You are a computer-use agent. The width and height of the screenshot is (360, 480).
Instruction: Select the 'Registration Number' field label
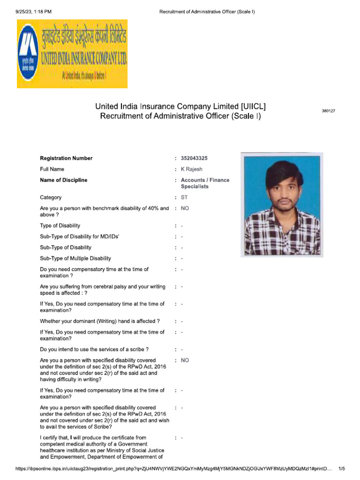point(66,158)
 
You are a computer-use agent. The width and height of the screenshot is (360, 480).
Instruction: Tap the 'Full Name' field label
point(52,169)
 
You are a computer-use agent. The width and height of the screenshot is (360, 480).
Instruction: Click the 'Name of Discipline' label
point(63,180)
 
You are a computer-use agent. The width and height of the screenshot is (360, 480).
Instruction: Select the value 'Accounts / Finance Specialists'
point(205,183)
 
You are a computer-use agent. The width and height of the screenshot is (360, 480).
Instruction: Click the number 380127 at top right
point(329,111)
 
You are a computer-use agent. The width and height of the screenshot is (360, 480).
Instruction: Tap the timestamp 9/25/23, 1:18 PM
point(30,11)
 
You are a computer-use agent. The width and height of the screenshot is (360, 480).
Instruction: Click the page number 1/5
point(342,468)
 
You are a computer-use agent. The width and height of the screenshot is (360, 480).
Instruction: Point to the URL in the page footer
point(173,468)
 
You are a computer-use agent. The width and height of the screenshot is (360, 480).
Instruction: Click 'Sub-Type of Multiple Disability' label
point(75,258)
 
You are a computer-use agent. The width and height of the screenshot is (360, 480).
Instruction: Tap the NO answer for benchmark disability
point(185,208)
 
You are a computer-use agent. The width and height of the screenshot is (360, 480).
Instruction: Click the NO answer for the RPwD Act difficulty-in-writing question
point(185,360)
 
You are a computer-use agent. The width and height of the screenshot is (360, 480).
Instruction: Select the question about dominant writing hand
point(100,321)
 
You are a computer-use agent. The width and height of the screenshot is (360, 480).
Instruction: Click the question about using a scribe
point(95,349)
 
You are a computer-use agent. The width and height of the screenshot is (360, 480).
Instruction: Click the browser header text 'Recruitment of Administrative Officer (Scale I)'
point(207,11)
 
